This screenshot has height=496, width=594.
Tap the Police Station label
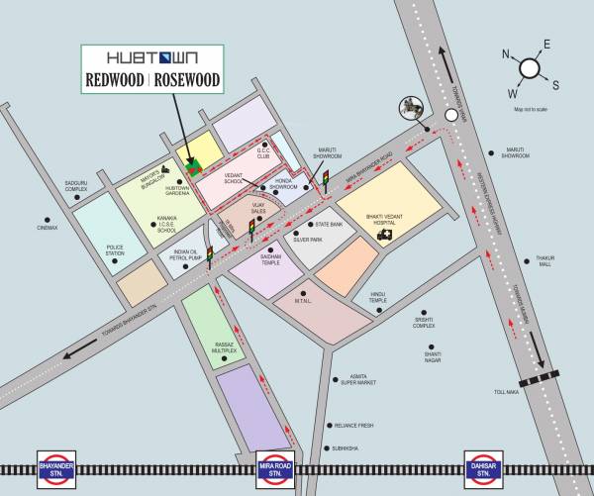tap(116, 250)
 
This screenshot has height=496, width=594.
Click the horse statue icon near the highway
tap(409, 106)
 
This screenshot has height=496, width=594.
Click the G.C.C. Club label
tap(263, 153)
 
